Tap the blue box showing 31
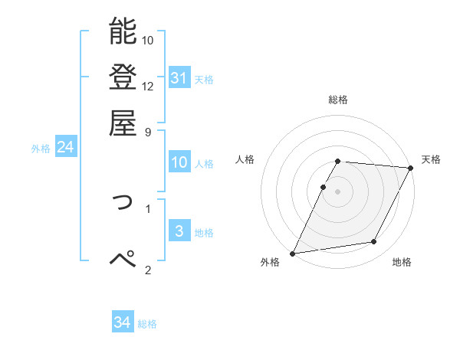click(x=179, y=78)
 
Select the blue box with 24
click(x=65, y=148)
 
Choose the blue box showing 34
click(x=122, y=323)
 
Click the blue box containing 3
click(x=179, y=231)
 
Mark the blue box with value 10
click(x=179, y=162)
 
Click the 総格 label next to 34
click(x=147, y=324)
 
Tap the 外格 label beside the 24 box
click(x=41, y=149)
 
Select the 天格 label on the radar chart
click(x=431, y=159)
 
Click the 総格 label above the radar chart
click(x=338, y=100)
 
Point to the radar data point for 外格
click(x=293, y=254)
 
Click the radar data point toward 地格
click(x=374, y=242)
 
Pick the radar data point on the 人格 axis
click(x=323, y=187)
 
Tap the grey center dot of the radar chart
click(x=337, y=191)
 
